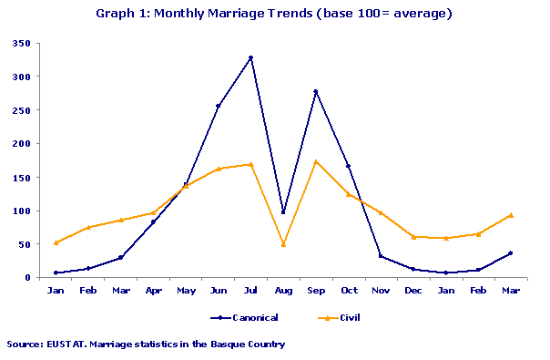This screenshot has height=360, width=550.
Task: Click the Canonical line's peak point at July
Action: point(250,57)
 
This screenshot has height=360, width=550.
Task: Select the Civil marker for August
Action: point(283,244)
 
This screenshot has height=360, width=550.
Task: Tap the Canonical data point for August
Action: point(283,212)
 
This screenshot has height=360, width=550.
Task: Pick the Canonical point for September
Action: point(316,91)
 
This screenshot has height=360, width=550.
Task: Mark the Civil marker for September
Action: point(316,161)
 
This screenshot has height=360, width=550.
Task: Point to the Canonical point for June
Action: point(218,107)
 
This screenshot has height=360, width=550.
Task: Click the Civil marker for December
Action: point(413,237)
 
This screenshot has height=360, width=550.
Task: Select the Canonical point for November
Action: point(381,256)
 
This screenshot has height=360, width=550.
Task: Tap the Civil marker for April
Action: point(153,212)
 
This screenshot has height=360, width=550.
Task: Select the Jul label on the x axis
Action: point(250,290)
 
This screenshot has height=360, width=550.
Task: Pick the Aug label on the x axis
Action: point(283,290)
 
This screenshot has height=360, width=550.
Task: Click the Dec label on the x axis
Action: point(413,290)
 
